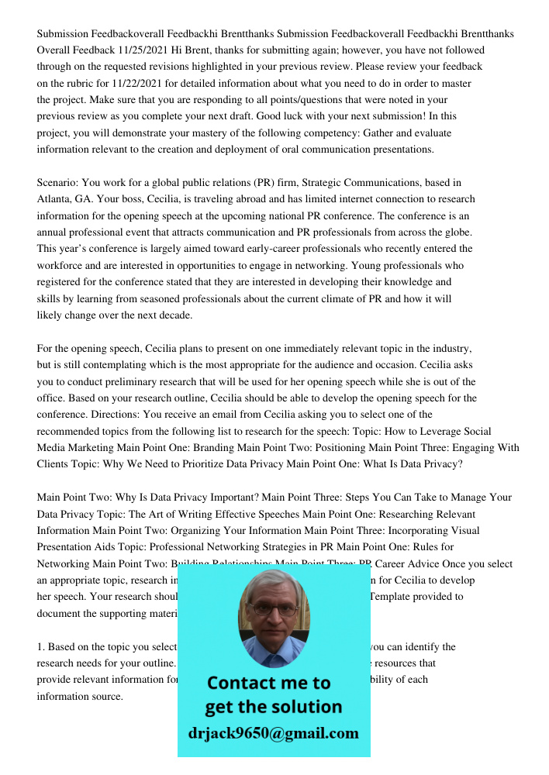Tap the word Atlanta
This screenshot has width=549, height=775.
(54, 199)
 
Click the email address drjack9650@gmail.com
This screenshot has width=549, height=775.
(273, 733)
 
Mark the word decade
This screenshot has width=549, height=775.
(176, 315)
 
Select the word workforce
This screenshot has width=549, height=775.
(60, 266)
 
